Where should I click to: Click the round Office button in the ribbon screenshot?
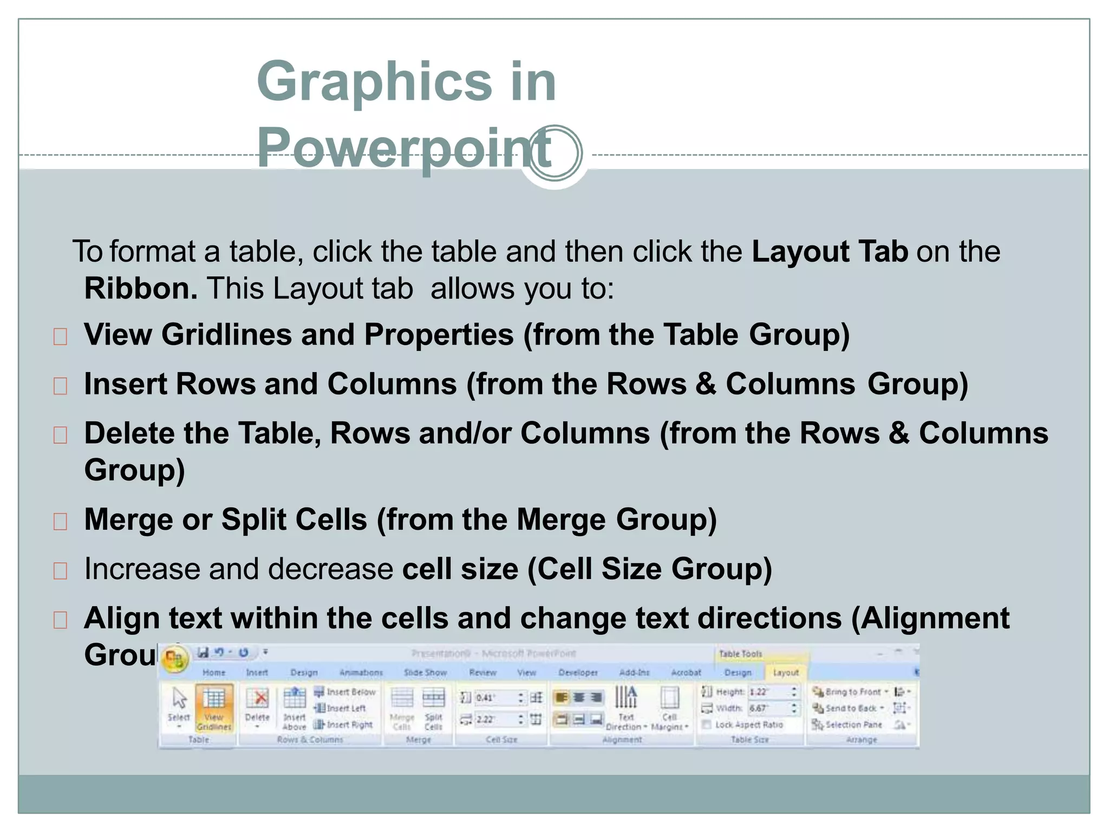tap(174, 659)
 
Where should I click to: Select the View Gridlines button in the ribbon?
tap(214, 707)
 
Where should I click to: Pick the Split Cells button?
tap(434, 707)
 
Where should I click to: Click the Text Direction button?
tap(626, 707)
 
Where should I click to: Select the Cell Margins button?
tap(670, 707)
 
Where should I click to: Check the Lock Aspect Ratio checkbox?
tap(707, 725)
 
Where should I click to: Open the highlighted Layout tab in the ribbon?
tap(786, 672)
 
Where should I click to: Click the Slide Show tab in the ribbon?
tap(425, 672)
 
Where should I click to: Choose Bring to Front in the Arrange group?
tap(850, 692)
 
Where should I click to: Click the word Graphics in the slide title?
tap(374, 81)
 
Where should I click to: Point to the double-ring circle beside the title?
tap(554, 153)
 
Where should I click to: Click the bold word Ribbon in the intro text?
tap(141, 288)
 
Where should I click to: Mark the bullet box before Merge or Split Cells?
tap(60, 521)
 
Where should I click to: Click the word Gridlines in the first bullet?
tap(226, 334)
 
